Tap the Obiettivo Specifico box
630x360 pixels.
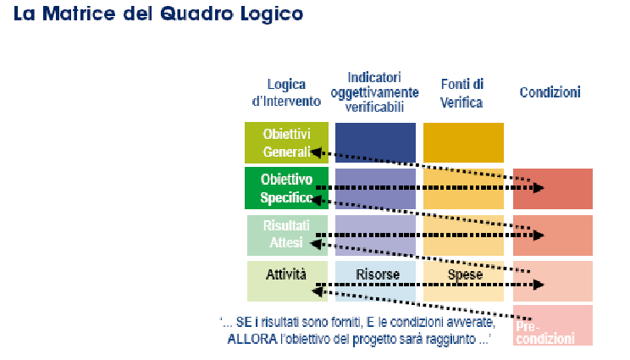(285, 188)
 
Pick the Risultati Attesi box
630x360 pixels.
(285, 235)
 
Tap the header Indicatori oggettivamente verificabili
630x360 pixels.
(374, 91)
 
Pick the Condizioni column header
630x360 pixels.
(550, 91)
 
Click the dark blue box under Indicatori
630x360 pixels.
(375, 142)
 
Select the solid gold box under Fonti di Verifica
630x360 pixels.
(463, 142)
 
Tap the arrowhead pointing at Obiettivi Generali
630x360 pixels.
(315, 152)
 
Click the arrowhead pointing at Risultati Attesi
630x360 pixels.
(315, 244)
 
